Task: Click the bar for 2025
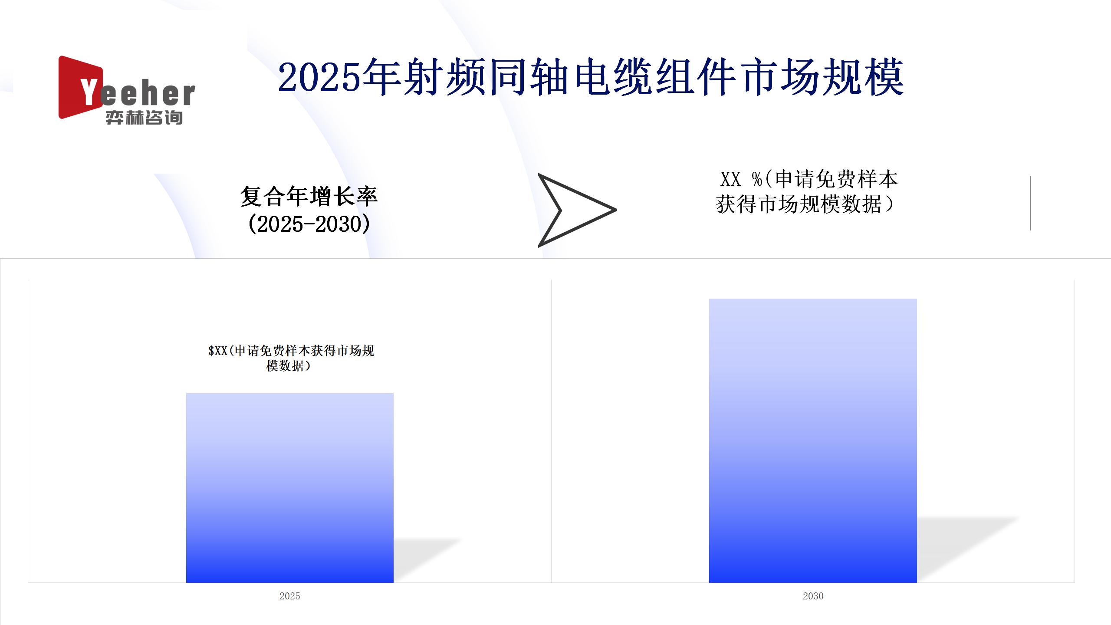290,488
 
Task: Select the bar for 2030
813,441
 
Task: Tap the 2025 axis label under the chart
290,596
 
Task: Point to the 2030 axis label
813,596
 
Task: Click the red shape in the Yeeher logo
76,87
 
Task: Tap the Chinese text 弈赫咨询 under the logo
144,118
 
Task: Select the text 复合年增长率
309,197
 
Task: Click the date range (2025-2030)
309,224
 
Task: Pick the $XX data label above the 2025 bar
291,358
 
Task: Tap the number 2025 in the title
320,78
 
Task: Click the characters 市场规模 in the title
824,78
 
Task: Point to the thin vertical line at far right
1030,203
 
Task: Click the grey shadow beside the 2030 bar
968,549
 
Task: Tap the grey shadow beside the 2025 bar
427,560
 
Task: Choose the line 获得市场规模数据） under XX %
805,204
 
